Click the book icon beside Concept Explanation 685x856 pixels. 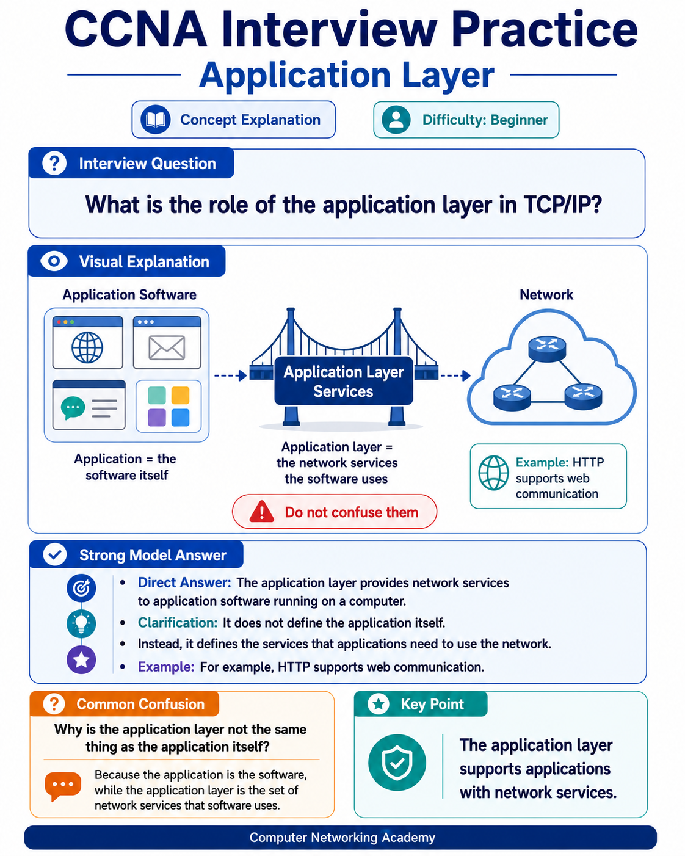click(x=156, y=119)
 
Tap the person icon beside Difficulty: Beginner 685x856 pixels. click(x=396, y=119)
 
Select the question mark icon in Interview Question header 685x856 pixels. click(x=54, y=164)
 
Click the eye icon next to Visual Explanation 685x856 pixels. click(x=54, y=261)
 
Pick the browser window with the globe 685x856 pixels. click(x=87, y=343)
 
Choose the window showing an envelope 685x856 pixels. click(x=167, y=343)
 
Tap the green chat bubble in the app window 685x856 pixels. click(x=73, y=408)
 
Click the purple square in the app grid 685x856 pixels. click(x=157, y=418)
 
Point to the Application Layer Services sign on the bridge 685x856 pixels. click(x=344, y=381)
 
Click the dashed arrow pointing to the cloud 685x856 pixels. click(x=455, y=375)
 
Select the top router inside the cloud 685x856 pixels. click(x=547, y=349)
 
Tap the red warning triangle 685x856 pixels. click(x=261, y=512)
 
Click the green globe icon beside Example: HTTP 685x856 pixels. click(x=493, y=473)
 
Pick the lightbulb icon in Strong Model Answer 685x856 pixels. click(x=81, y=624)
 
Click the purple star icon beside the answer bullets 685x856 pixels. click(x=81, y=660)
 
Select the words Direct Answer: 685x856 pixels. click(x=184, y=582)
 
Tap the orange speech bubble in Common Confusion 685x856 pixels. click(x=63, y=786)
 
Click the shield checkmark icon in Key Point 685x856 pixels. click(x=397, y=763)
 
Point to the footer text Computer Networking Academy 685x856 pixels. click(x=342, y=837)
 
